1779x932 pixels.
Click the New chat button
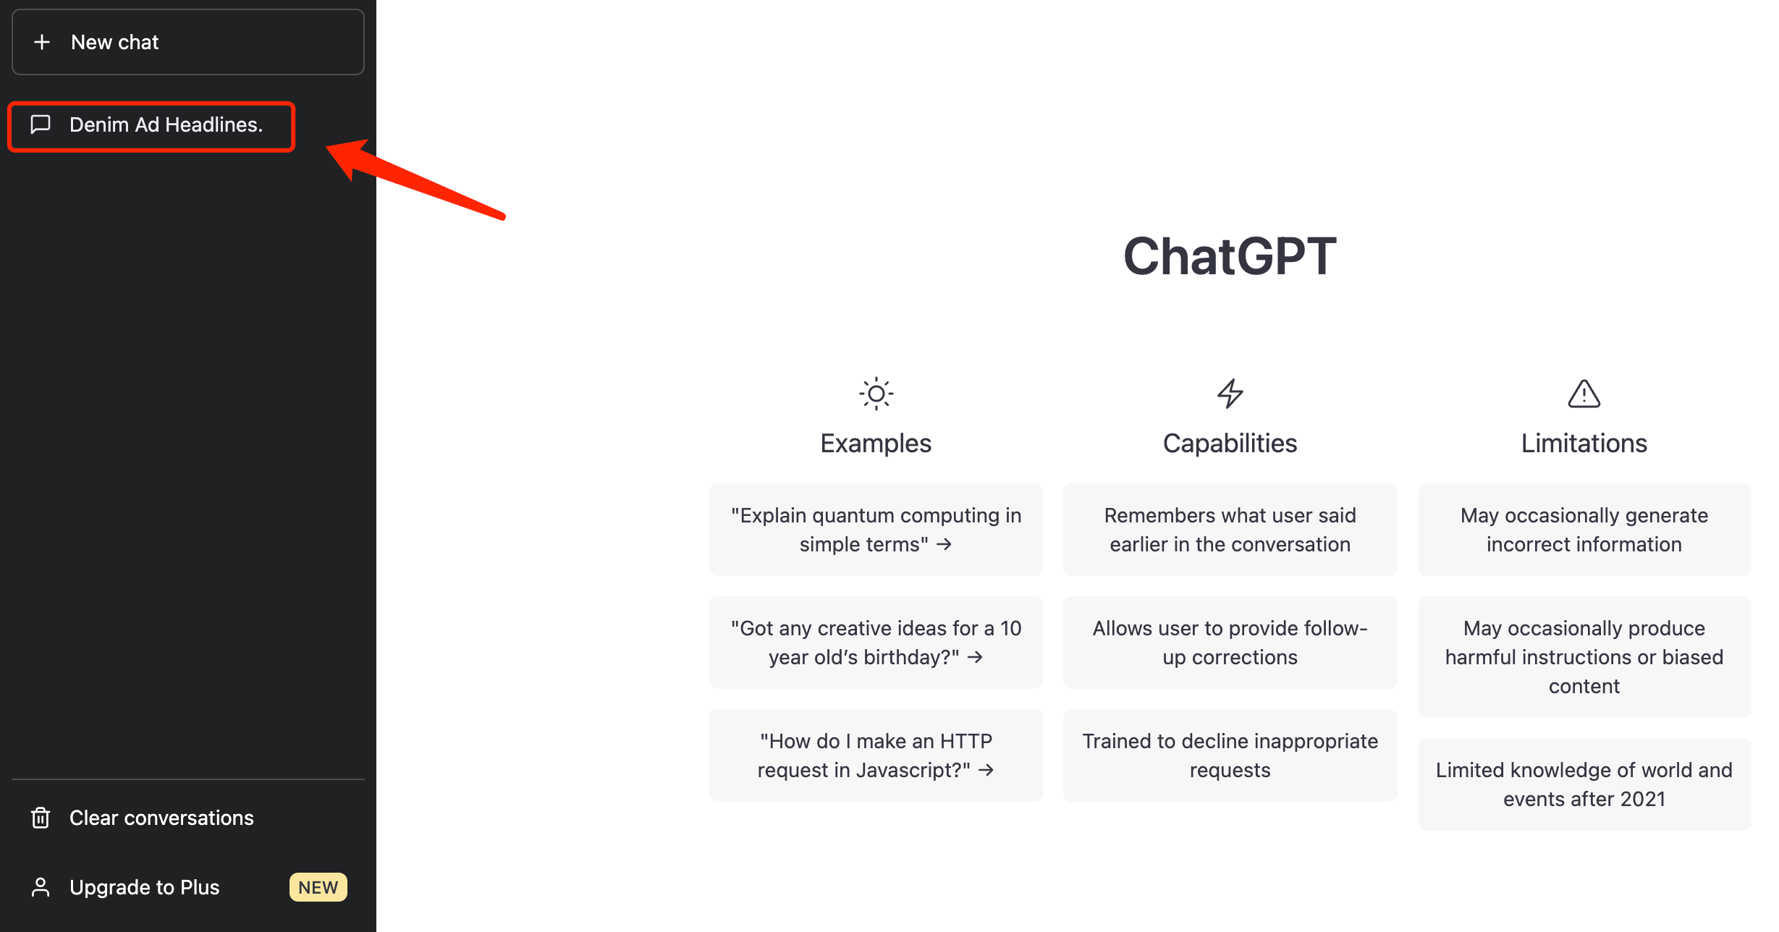(187, 42)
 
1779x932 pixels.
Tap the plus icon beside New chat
(42, 42)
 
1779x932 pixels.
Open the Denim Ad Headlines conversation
(166, 125)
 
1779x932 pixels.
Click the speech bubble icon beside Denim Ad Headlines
(41, 124)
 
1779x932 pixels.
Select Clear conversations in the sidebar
(161, 818)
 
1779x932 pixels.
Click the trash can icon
(41, 818)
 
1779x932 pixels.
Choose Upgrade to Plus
(144, 887)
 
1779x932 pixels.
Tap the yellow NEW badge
(318, 887)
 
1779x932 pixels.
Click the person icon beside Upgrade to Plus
(41, 887)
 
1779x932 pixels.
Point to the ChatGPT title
(1229, 256)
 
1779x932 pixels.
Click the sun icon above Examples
(876, 394)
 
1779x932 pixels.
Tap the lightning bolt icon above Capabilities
(1230, 394)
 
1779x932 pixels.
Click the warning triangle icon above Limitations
(1584, 394)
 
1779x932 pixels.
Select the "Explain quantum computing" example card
(876, 530)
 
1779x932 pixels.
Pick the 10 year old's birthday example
(876, 643)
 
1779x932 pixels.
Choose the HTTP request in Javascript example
(876, 755)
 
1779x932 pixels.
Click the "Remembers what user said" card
(1230, 530)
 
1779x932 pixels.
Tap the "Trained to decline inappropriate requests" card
(1230, 755)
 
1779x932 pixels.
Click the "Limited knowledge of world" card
(1584, 784)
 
